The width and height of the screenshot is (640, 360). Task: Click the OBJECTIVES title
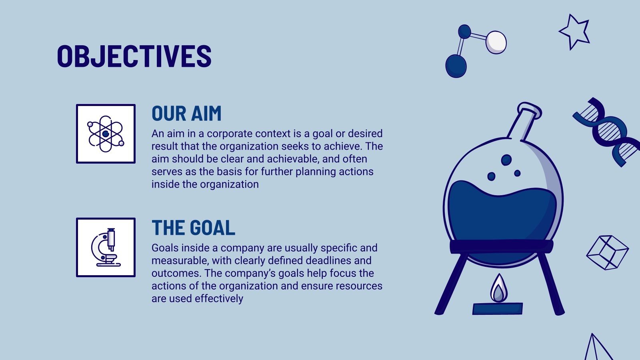[134, 56]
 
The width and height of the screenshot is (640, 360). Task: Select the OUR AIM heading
[186, 114]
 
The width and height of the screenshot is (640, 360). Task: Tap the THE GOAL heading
[194, 228]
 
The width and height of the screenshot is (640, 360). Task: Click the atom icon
[106, 134]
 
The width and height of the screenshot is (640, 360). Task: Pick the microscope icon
[106, 248]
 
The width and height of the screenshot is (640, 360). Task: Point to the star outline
[575, 32]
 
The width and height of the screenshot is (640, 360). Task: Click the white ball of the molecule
[496, 42]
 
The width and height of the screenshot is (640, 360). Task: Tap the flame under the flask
[499, 288]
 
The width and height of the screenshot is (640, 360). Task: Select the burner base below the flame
[498, 308]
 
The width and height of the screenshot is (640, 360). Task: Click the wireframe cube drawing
[608, 252]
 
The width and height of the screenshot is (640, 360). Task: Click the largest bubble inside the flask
[506, 160]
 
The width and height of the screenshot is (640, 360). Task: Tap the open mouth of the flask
[530, 110]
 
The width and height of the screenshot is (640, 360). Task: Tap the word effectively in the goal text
[219, 298]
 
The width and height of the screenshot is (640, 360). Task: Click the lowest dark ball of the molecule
[456, 66]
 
